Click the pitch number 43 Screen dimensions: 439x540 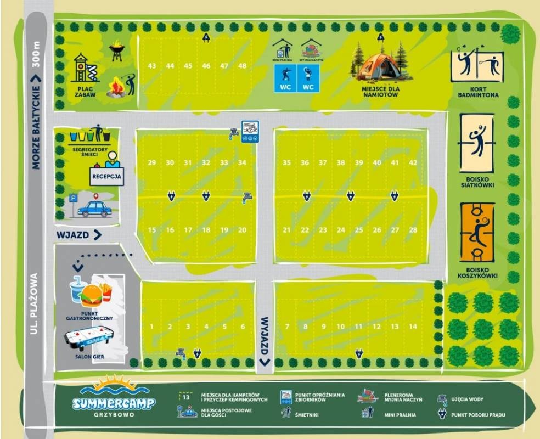[152, 66]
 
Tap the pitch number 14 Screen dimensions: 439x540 [413, 327]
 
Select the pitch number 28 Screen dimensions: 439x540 [413, 230]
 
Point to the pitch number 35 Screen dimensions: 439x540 [286, 162]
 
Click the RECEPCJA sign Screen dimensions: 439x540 [106, 176]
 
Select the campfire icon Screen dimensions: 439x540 [116, 88]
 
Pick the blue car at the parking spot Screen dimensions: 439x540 [94, 209]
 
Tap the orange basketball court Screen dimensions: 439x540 [477, 232]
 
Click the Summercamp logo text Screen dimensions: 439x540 [114, 402]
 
